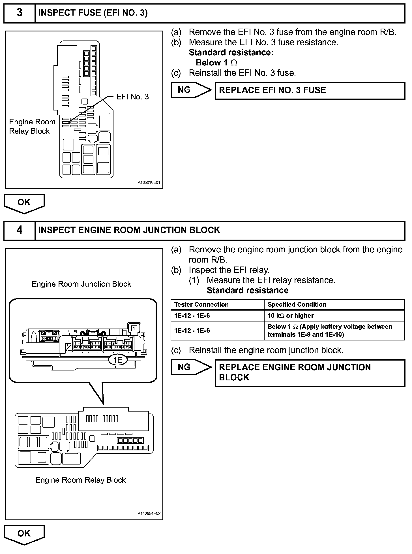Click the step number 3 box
(x=19, y=13)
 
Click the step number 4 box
(x=19, y=230)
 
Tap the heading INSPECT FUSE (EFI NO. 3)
(x=93, y=13)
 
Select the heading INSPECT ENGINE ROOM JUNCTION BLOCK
(x=129, y=230)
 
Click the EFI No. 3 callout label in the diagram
(x=132, y=97)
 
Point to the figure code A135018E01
(x=149, y=183)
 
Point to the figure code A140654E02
(x=149, y=513)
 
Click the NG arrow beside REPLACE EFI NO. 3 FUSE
(x=191, y=90)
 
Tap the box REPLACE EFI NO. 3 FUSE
(x=310, y=91)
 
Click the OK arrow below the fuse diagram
(x=24, y=203)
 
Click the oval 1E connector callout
(x=118, y=360)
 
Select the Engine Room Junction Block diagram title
(x=81, y=284)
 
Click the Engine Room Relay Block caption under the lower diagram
(x=80, y=480)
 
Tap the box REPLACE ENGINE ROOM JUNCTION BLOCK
(x=310, y=373)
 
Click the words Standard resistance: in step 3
(x=231, y=53)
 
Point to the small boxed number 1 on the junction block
(x=134, y=328)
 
